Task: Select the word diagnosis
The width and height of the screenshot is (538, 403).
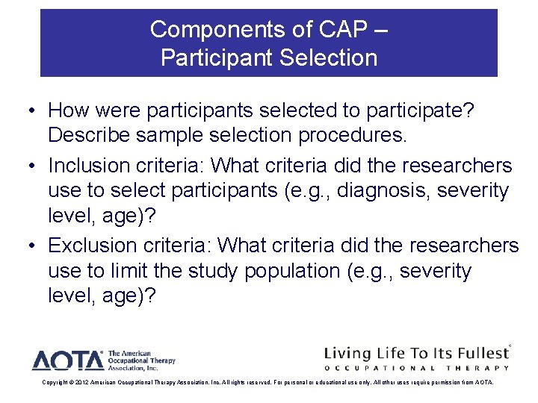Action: coord(382,191)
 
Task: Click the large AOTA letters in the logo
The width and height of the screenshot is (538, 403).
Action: coord(67,360)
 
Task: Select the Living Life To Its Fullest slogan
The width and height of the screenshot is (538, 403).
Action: coord(415,352)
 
